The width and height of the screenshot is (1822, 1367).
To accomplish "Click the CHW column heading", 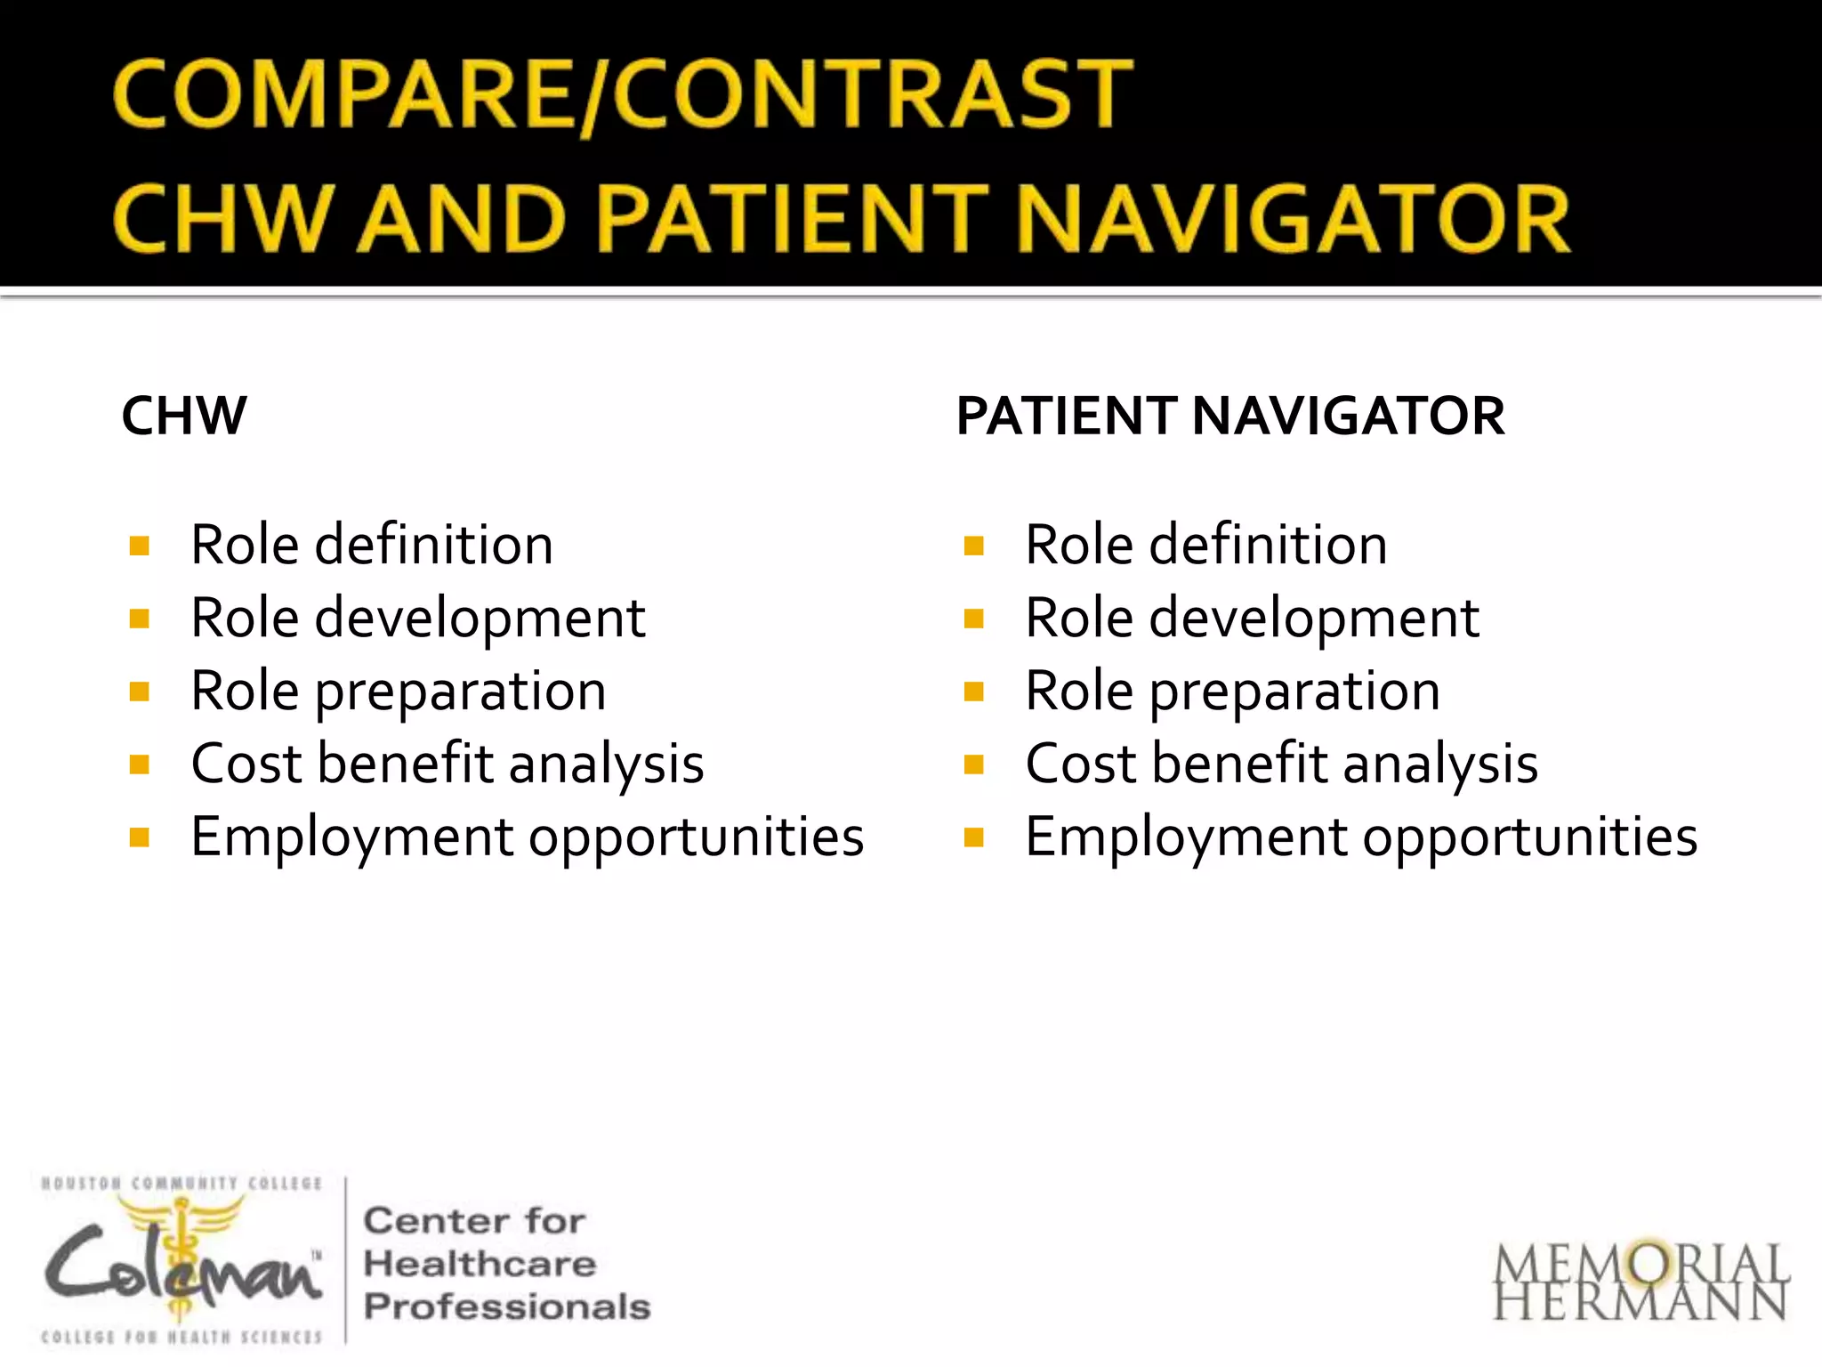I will [184, 416].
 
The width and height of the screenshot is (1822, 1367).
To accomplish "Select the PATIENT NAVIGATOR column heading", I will [1230, 416].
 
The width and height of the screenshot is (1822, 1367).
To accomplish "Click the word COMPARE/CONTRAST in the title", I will [623, 93].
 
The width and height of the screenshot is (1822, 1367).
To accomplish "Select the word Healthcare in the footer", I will [480, 1264].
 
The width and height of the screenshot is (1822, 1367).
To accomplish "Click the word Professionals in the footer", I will [507, 1306].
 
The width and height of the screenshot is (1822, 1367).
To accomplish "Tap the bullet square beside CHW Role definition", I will [140, 546].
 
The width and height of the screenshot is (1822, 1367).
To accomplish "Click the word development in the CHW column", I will [480, 618].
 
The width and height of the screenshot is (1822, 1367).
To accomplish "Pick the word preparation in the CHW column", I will [461, 692].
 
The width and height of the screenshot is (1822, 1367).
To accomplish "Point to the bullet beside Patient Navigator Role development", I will [974, 619].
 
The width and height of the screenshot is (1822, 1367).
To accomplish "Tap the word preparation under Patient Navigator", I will [1294, 692].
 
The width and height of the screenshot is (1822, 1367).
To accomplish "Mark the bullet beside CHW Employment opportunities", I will [140, 837].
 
